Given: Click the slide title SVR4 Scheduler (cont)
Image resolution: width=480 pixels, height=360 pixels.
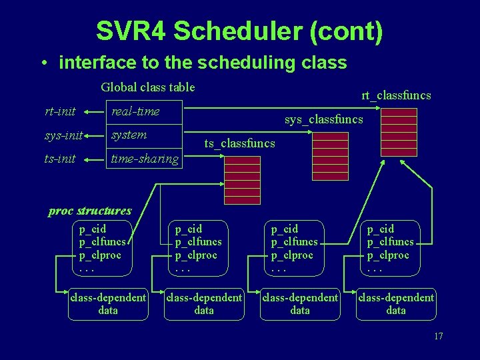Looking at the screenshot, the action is coord(239,31).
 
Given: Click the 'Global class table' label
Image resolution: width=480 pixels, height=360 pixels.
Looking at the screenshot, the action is coord(147,87).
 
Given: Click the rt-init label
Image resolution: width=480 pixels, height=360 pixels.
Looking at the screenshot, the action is coord(60,111).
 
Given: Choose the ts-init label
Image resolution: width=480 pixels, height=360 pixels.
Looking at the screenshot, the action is coord(60,159).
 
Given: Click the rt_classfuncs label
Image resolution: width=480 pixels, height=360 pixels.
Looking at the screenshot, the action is coord(396,95).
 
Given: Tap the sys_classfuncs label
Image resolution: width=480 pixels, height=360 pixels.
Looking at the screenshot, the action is coord(323,119).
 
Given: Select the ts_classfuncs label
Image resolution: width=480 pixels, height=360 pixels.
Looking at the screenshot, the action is coord(239,143).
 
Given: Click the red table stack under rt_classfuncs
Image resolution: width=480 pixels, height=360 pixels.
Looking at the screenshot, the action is coord(399,131).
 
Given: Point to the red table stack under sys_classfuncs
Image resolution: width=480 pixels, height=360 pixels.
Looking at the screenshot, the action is coord(330,155).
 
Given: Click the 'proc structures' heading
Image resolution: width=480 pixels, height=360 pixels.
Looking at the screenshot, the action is coord(90,211).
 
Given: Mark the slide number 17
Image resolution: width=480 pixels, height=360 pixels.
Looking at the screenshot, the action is coord(438,336).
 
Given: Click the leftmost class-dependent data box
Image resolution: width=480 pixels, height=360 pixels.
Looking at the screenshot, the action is coord(108,303).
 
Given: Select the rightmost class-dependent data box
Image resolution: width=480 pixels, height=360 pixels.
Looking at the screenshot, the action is coord(396,303).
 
